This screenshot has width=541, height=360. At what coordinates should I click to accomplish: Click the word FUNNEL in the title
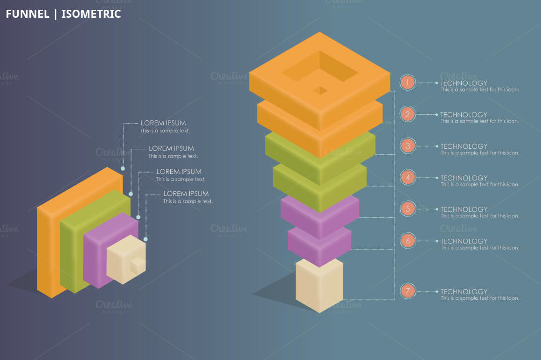click(28, 14)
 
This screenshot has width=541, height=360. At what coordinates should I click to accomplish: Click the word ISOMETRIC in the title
click(91, 14)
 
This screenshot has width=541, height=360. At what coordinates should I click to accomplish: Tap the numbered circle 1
click(408, 83)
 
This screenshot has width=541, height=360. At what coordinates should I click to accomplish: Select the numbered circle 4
click(408, 178)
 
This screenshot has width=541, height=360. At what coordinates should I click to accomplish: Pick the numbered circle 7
click(408, 291)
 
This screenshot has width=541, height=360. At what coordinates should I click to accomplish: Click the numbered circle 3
click(408, 146)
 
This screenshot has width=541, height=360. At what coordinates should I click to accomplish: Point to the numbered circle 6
click(408, 241)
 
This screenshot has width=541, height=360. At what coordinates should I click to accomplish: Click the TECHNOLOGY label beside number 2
click(464, 115)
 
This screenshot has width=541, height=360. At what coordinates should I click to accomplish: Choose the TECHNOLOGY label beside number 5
click(464, 209)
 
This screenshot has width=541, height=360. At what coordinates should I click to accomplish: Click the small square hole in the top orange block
click(320, 90)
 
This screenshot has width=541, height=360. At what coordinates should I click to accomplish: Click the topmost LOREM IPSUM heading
click(163, 123)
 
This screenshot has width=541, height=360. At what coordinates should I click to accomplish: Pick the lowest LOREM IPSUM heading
click(186, 194)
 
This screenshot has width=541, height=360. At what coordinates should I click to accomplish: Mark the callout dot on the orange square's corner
click(123, 169)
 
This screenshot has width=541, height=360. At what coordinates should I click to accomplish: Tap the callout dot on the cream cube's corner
click(146, 239)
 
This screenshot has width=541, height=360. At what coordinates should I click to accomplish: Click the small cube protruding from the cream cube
click(138, 265)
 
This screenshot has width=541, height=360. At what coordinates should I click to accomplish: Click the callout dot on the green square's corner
click(131, 194)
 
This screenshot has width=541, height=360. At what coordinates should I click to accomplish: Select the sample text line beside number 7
click(480, 298)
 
